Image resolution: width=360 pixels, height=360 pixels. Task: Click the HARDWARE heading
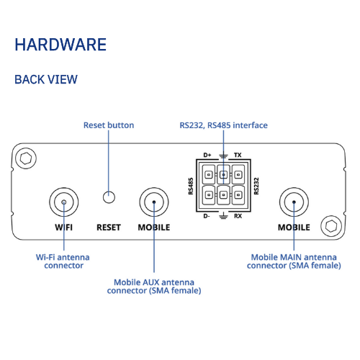[x=60, y=45]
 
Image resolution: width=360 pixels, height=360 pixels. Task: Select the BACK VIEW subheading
[x=46, y=79]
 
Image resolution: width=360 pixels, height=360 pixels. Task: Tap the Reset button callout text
[x=109, y=125]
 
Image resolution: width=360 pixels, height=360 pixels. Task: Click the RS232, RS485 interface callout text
[x=223, y=125]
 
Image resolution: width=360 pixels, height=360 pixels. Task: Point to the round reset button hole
[x=109, y=197]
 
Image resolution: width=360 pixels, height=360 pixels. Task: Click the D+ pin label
[x=207, y=155]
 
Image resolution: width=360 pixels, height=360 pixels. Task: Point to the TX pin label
[x=238, y=155]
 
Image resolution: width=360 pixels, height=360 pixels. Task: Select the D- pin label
[x=207, y=216]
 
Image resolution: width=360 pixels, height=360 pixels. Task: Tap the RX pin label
[x=238, y=216]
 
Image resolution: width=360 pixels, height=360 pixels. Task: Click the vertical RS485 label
[x=191, y=186]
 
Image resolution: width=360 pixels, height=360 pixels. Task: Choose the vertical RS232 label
[x=256, y=186]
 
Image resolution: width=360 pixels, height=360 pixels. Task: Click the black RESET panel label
[x=109, y=228]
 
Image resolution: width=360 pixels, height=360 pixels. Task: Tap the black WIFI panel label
[x=63, y=228]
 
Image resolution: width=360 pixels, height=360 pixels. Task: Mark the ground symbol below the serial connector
[x=223, y=216]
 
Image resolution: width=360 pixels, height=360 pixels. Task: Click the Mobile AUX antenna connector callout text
[x=154, y=287]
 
